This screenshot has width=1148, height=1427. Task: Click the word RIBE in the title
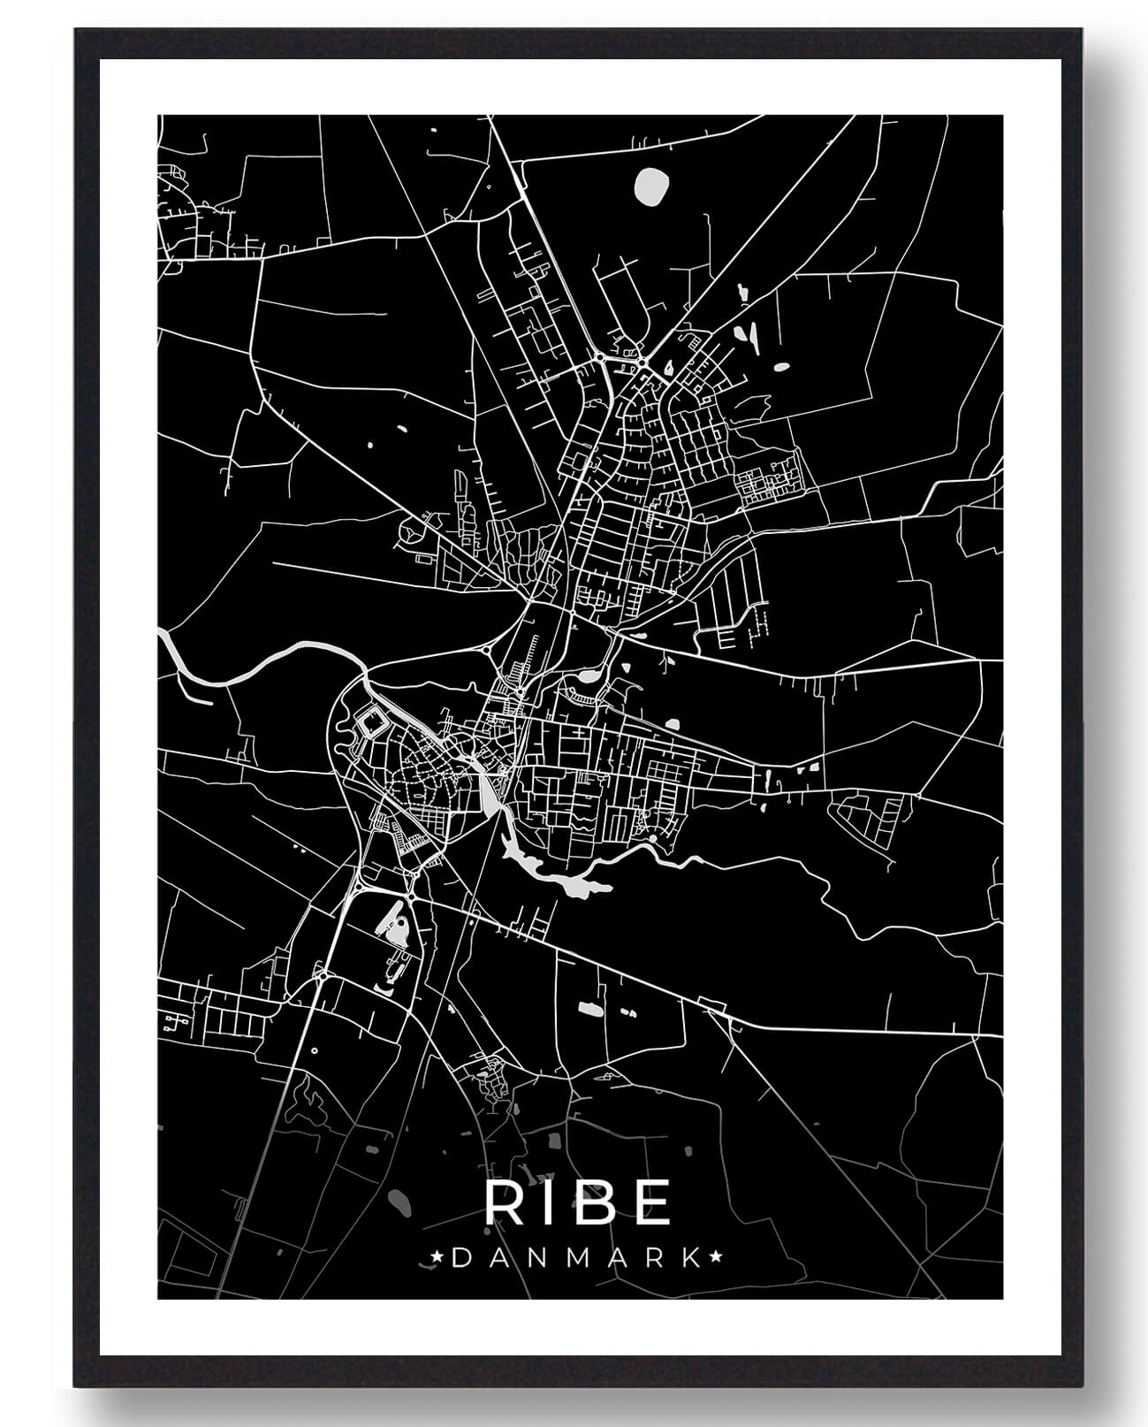click(577, 1202)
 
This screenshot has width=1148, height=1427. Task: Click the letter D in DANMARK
click(460, 1257)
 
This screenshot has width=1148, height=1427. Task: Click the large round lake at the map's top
click(652, 186)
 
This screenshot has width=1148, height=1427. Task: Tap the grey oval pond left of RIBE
click(399, 1202)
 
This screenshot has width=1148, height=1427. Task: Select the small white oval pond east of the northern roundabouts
click(781, 366)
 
